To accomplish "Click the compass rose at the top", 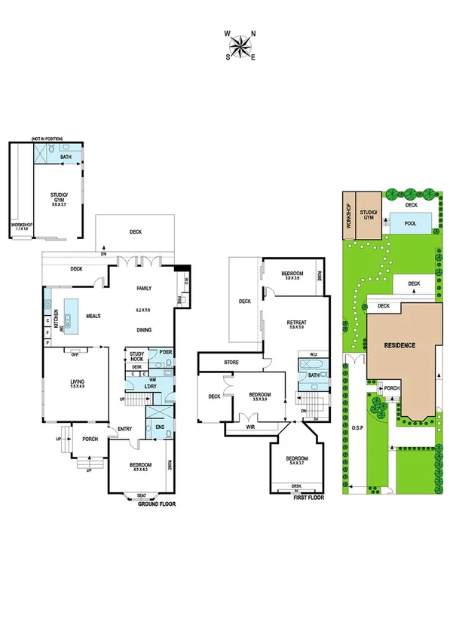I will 240,44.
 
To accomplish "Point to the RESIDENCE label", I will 399,345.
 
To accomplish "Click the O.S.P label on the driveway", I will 357,432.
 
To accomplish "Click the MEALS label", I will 94,317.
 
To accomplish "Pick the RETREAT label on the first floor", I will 296,323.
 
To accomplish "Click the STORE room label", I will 231,363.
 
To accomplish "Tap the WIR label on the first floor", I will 250,427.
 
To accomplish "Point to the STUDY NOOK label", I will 136,356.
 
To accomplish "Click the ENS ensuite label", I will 160,427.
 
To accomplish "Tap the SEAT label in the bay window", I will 142,495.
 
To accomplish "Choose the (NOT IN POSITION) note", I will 47,139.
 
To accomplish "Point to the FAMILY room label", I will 144,289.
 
